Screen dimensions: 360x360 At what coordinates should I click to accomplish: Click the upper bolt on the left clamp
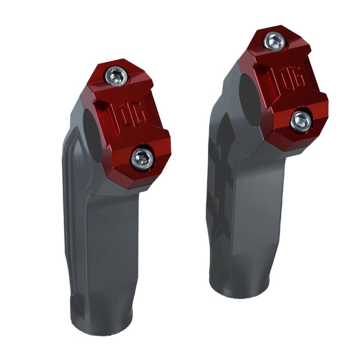click(x=116, y=76)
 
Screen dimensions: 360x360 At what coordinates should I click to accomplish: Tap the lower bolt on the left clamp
click(x=142, y=158)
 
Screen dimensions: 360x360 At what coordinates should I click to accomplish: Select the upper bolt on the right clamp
click(x=274, y=42)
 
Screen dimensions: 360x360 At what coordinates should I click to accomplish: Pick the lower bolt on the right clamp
click(x=301, y=120)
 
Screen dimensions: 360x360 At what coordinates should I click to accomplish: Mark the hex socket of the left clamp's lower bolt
click(x=142, y=158)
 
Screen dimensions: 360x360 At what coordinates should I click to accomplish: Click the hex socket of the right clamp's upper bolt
click(x=274, y=42)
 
